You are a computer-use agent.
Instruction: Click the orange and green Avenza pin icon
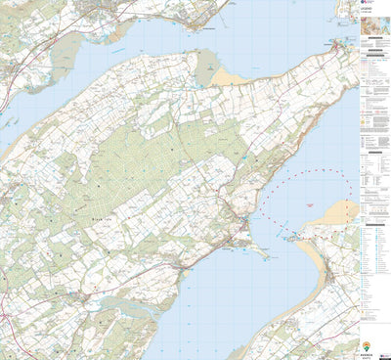[367, 345]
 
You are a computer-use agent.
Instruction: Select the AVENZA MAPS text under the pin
[367, 355]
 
